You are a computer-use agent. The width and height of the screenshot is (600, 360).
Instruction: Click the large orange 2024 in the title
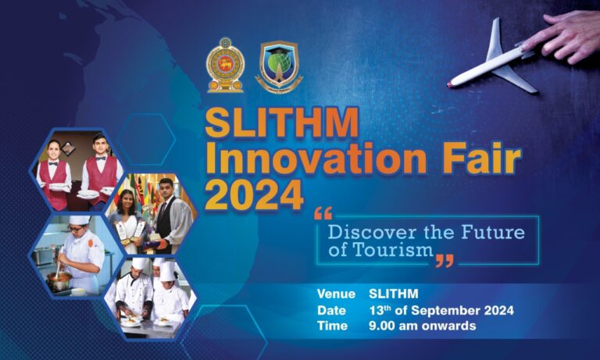(254, 195)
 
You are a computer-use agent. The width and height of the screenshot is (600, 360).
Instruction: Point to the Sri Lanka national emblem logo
(225, 65)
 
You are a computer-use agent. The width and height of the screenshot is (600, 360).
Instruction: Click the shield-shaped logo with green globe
(279, 66)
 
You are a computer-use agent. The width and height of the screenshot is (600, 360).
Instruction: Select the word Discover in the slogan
(366, 232)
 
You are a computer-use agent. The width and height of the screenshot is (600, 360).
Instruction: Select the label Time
(331, 326)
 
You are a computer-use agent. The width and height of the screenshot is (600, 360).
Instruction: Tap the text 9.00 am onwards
(422, 326)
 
